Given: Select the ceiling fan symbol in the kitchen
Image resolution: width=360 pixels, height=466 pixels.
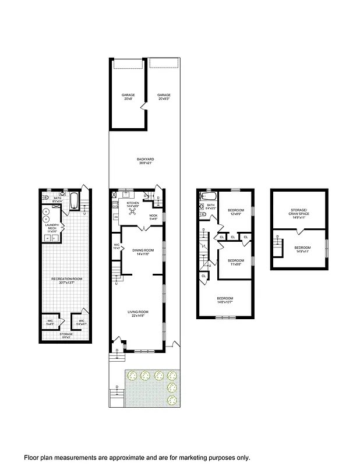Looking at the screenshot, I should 133,211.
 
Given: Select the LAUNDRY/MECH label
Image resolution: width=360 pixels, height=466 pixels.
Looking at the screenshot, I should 51,228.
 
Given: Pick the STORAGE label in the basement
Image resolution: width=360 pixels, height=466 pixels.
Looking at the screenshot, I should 66,334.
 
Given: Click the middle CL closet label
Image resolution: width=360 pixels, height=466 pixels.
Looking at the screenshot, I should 233,237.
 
